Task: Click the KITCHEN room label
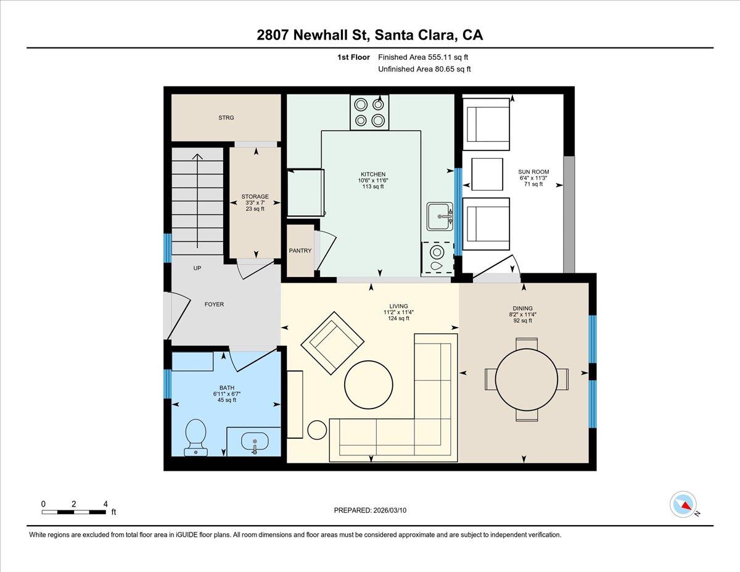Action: pyautogui.click(x=373, y=174)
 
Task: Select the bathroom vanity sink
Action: pyautogui.click(x=255, y=442)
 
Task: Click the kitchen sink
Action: pyautogui.click(x=440, y=217)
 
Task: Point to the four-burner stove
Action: pyautogui.click(x=369, y=112)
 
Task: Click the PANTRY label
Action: pyautogui.click(x=300, y=251)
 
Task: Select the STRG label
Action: pyautogui.click(x=226, y=117)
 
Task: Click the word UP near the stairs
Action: pyautogui.click(x=197, y=268)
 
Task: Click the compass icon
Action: pyautogui.click(x=683, y=504)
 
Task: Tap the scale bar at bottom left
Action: pyautogui.click(x=74, y=512)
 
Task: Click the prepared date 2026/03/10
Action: pyautogui.click(x=371, y=510)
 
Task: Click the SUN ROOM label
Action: pyautogui.click(x=533, y=172)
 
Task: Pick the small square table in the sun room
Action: pyautogui.click(x=487, y=174)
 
